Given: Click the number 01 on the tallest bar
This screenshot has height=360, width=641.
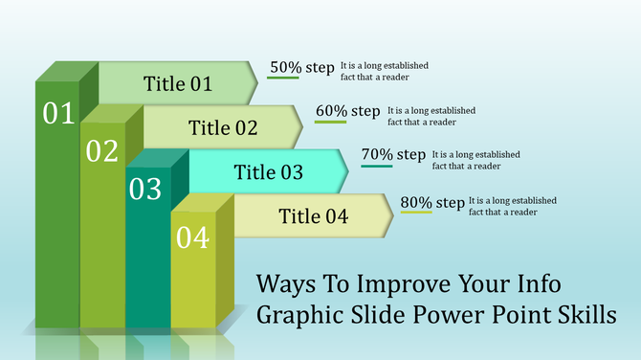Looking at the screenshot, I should point(58,114).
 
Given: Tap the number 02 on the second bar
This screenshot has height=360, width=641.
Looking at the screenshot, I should point(101,151).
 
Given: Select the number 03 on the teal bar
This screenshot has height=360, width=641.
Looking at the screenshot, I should point(145,190).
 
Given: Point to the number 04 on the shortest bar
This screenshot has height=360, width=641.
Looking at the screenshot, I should point(191,237).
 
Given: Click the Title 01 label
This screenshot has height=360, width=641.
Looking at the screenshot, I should point(177,84).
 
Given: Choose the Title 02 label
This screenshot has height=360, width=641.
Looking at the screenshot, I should point(223,127).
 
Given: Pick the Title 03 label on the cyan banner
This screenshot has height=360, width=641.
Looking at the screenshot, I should point(269,172).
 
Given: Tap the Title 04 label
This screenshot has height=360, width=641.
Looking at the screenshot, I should point(313,216).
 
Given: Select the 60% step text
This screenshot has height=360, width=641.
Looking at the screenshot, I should point(347,111).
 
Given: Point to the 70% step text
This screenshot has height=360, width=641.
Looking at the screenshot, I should point(393,154).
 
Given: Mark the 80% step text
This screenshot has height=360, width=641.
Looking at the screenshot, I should point(432,202).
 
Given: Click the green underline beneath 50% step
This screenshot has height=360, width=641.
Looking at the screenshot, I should point(283,79).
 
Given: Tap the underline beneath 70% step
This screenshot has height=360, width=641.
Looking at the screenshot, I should point(376,167).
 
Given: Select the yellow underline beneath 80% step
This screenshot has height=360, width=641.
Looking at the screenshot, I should point(416,213).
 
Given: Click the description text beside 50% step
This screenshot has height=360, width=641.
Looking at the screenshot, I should point(384,71).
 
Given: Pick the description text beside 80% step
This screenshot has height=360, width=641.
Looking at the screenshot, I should point(512,206).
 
